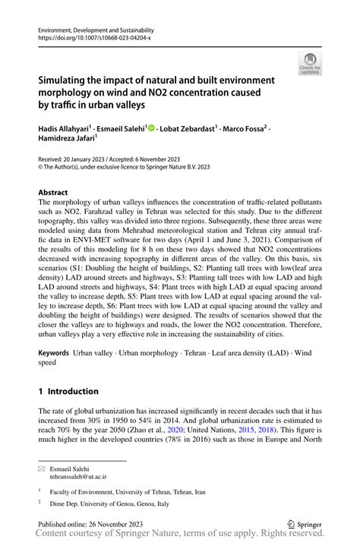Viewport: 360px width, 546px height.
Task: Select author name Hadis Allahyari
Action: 65,129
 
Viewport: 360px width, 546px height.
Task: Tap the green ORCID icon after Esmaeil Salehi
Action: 150,128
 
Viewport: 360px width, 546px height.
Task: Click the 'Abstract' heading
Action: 53,193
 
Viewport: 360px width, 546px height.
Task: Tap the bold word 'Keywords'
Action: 54,354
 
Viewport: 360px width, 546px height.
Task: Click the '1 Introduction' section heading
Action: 68,391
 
